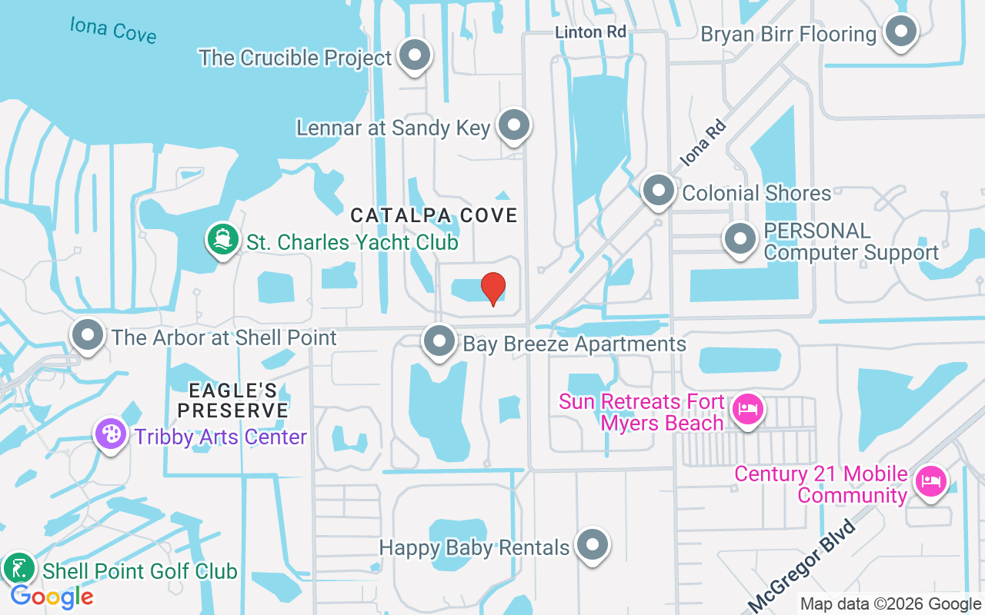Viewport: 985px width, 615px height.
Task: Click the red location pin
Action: click(493, 288)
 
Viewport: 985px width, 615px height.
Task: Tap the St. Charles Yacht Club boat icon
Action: click(222, 240)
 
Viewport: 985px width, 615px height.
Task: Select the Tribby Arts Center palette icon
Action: click(111, 434)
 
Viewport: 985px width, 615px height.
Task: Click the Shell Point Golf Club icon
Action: click(19, 570)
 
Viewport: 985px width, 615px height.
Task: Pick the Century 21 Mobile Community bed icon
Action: click(930, 482)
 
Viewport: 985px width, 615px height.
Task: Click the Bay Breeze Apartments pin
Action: click(439, 341)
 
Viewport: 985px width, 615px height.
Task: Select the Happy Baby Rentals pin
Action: click(592, 545)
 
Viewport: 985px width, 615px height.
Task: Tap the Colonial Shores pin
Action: click(658, 191)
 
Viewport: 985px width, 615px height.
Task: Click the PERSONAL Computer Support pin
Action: click(740, 239)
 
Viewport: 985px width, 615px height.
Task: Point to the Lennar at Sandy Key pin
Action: click(513, 125)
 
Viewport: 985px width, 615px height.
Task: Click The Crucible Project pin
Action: click(416, 56)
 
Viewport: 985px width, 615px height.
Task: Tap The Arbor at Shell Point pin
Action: click(88, 336)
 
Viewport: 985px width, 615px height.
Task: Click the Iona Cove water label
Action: click(113, 29)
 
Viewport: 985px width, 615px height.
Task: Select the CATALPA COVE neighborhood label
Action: click(434, 216)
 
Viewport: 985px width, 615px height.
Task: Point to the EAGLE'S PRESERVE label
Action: click(233, 401)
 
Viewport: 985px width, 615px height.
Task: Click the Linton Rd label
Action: click(591, 32)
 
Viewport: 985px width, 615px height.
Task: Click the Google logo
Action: click(52, 597)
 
